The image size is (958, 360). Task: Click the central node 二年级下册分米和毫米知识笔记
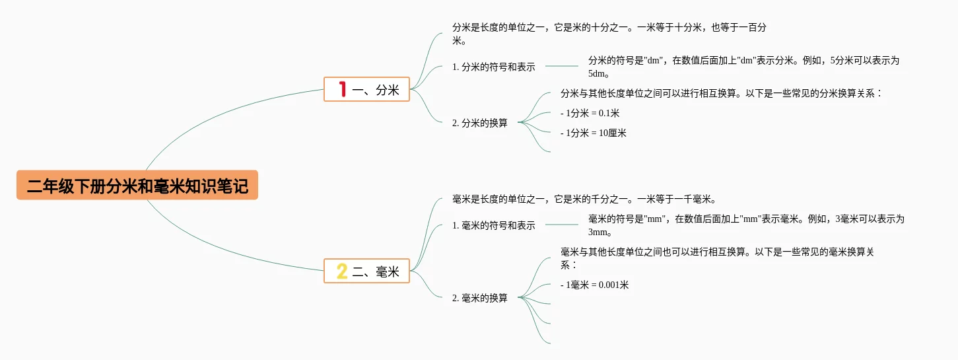[137, 186]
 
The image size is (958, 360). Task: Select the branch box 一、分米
[367, 89]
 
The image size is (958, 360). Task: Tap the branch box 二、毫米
[367, 271]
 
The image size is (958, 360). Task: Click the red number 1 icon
[342, 89]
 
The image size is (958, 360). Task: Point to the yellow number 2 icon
[342, 271]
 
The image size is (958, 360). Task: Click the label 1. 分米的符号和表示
[494, 67]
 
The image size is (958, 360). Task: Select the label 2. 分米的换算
[480, 123]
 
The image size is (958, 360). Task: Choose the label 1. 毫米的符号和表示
[494, 225]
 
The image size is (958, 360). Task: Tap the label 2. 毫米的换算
[480, 298]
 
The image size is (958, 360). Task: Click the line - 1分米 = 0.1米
[590, 113]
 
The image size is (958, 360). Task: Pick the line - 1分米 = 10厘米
[594, 133]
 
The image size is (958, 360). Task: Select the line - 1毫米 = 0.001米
[595, 285]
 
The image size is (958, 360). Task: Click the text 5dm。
[599, 73]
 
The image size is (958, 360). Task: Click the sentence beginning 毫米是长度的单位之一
[584, 199]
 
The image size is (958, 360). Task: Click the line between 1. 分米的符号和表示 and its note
[562, 66]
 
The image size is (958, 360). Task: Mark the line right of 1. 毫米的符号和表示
[562, 225]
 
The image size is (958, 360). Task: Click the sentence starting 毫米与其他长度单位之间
[717, 252]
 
